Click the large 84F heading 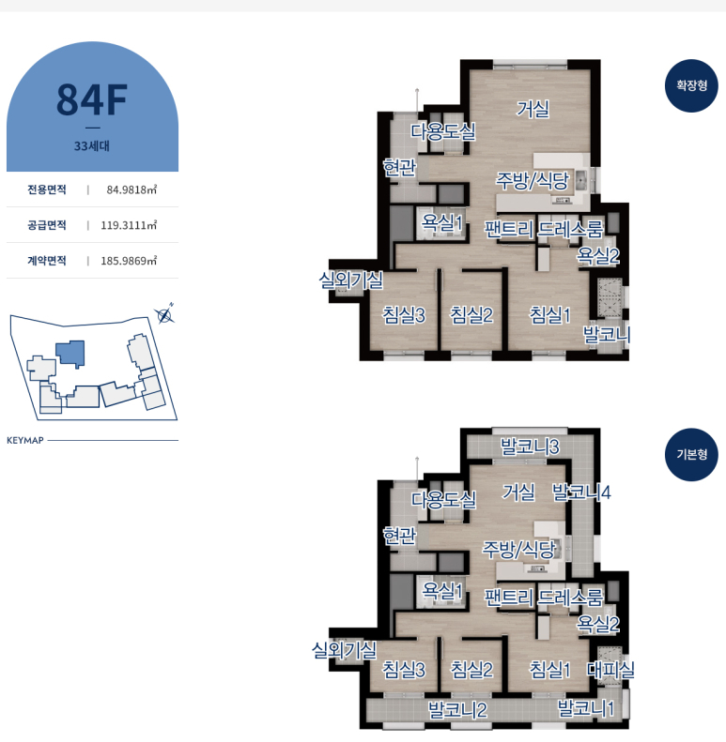point(92,99)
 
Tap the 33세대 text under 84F point(92,145)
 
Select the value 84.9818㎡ point(131,189)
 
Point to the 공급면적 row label point(46,225)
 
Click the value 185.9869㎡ point(129,261)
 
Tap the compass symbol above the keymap point(164,314)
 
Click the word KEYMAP point(25,441)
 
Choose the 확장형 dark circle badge point(691,85)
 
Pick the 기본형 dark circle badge point(691,455)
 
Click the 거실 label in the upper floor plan point(533,110)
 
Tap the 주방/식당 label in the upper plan point(533,181)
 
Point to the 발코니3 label point(530,447)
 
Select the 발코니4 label point(581,492)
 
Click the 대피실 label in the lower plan point(610,670)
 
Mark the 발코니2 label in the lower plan point(457,710)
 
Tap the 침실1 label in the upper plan point(549,315)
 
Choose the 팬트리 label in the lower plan point(508,598)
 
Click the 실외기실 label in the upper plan point(350,280)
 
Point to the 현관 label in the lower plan point(399,536)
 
